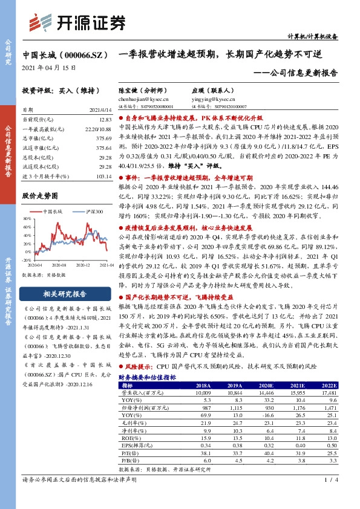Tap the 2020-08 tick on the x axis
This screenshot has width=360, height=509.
tap(58, 265)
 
